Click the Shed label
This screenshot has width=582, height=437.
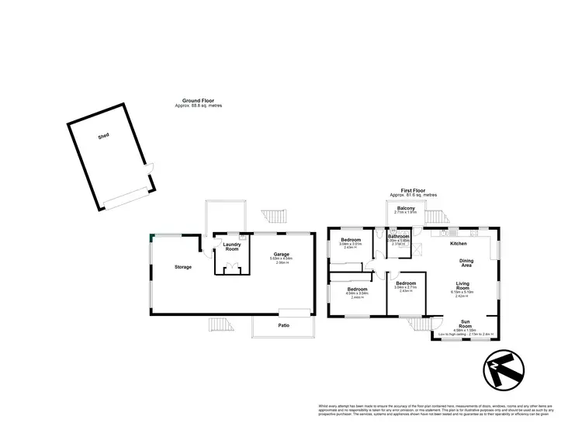click(103, 136)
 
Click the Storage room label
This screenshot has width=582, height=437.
click(183, 267)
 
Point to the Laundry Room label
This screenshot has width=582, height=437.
click(232, 246)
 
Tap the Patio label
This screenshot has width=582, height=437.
click(283, 326)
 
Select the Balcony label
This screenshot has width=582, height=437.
click(406, 209)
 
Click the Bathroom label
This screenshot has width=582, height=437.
click(399, 236)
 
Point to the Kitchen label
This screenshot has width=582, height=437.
click(459, 244)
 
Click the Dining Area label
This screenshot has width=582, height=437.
click(467, 264)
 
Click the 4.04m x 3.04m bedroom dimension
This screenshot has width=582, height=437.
click(357, 293)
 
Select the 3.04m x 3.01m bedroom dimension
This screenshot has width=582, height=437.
click(351, 244)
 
